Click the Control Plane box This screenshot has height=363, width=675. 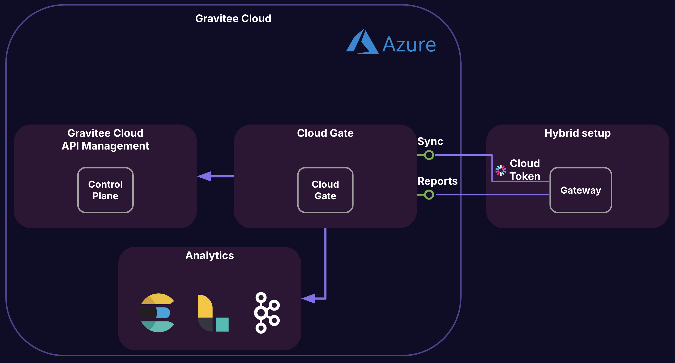pos(105,190)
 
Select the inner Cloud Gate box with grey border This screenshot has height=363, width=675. pos(325,190)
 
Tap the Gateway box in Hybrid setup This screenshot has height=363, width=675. pos(581,190)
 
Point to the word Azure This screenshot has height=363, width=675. pos(409,45)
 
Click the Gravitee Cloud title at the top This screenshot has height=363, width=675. pos(233,18)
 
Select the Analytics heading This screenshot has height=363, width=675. pos(210,255)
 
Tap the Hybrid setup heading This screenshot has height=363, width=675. pos(578,133)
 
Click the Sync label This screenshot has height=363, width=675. pos(430,141)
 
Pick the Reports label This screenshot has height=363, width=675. pos(437,181)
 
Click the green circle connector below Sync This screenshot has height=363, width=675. pos(429,155)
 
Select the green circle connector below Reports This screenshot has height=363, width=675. pos(429,195)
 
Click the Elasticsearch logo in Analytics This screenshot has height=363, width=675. pos(157,313)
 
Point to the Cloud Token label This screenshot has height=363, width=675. pos(525,170)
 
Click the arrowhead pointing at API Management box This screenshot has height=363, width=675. pos(204,176)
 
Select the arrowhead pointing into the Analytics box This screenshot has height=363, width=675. pos(309,298)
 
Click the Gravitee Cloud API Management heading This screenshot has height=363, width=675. pos(105,139)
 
